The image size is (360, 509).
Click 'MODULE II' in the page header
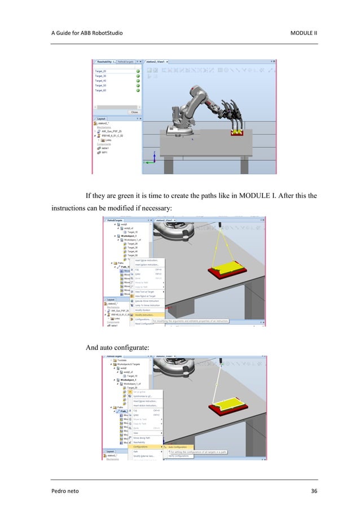[303, 32]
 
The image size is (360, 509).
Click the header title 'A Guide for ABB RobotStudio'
[86, 32]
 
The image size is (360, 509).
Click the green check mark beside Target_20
[138, 71]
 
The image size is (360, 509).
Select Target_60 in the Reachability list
[101, 90]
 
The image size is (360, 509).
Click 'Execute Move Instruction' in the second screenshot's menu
[148, 301]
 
